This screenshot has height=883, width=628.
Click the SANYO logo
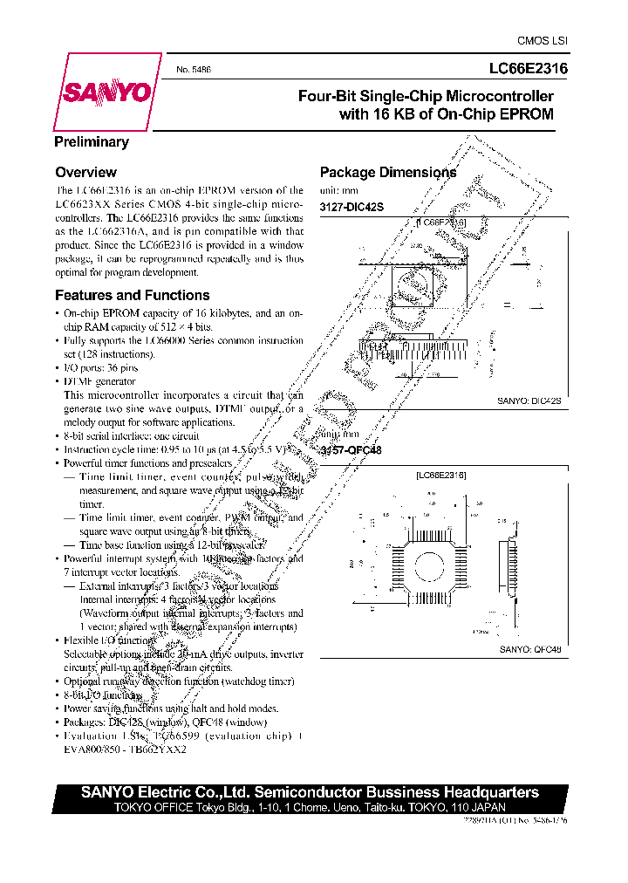106,93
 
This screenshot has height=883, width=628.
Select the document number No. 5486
195,69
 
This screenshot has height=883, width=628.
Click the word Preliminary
92,142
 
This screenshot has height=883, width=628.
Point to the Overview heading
85,173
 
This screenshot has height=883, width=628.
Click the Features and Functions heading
133,295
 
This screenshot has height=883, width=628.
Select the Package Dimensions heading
388,173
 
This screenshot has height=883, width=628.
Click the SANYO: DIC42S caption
529,400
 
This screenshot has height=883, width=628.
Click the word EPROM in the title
525,113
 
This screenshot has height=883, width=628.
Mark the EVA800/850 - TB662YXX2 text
121,749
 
